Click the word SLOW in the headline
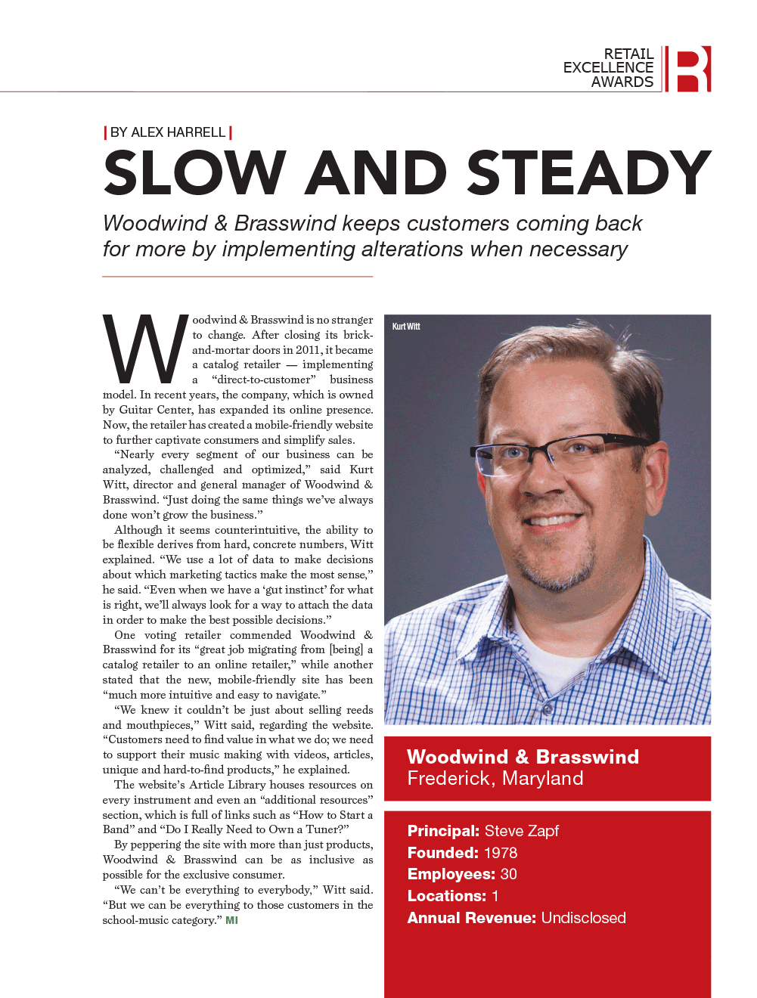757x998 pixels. pos(194,173)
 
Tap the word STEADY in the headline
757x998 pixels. pos(589,173)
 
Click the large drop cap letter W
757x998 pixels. pos(145,349)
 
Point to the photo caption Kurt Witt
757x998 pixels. pos(406,327)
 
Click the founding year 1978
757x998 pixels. pos(501,853)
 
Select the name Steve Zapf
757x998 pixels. pos(522,831)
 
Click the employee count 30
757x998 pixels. pos(508,874)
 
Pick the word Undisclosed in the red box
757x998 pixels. pos(583,918)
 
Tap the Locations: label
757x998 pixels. pos(447,896)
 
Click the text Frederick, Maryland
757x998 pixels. pos(495,779)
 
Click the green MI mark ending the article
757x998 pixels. pos(231,920)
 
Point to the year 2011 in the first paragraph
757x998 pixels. pos(308,350)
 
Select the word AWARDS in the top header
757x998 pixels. pos(622,82)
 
